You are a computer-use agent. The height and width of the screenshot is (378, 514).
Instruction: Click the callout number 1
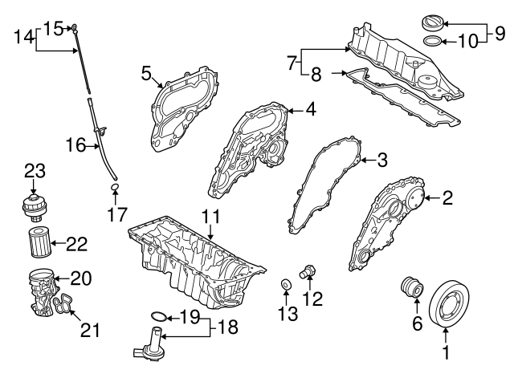click(445, 352)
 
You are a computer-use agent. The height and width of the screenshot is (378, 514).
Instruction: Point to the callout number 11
click(210, 217)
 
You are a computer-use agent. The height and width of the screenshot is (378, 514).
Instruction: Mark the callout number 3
click(382, 161)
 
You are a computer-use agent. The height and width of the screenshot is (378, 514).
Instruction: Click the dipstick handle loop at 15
click(75, 28)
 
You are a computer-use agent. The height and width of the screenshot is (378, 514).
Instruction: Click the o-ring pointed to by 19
click(160, 316)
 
